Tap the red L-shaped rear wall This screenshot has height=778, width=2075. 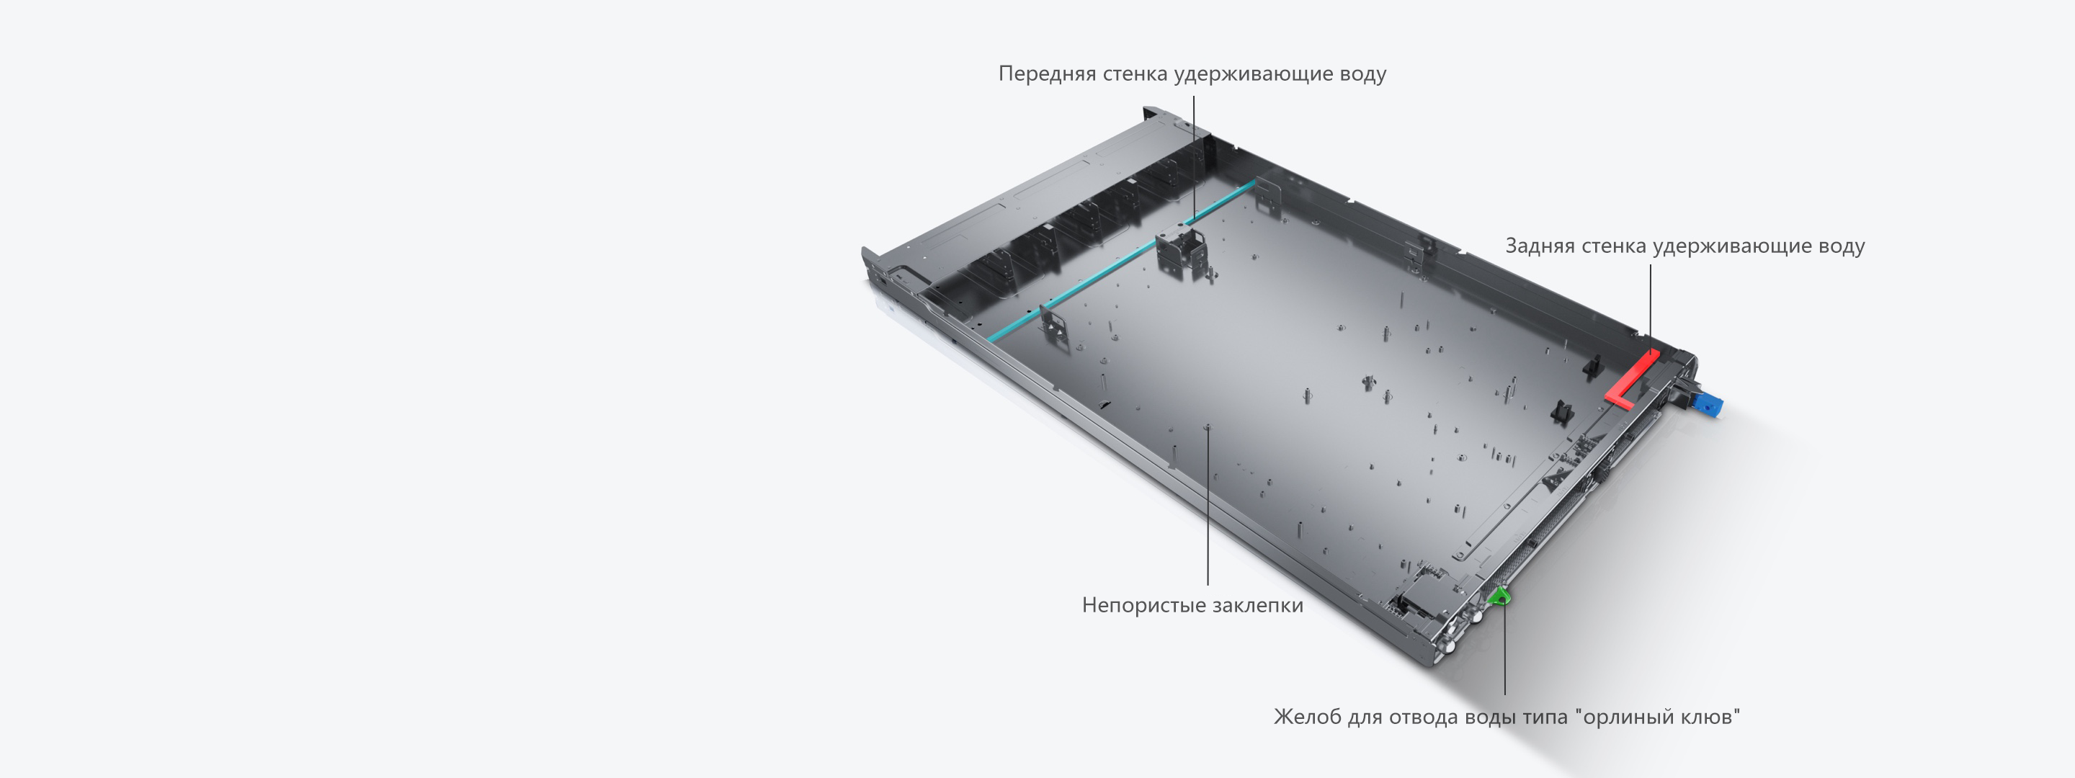[x=1630, y=378]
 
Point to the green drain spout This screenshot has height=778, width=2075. [x=1500, y=596]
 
